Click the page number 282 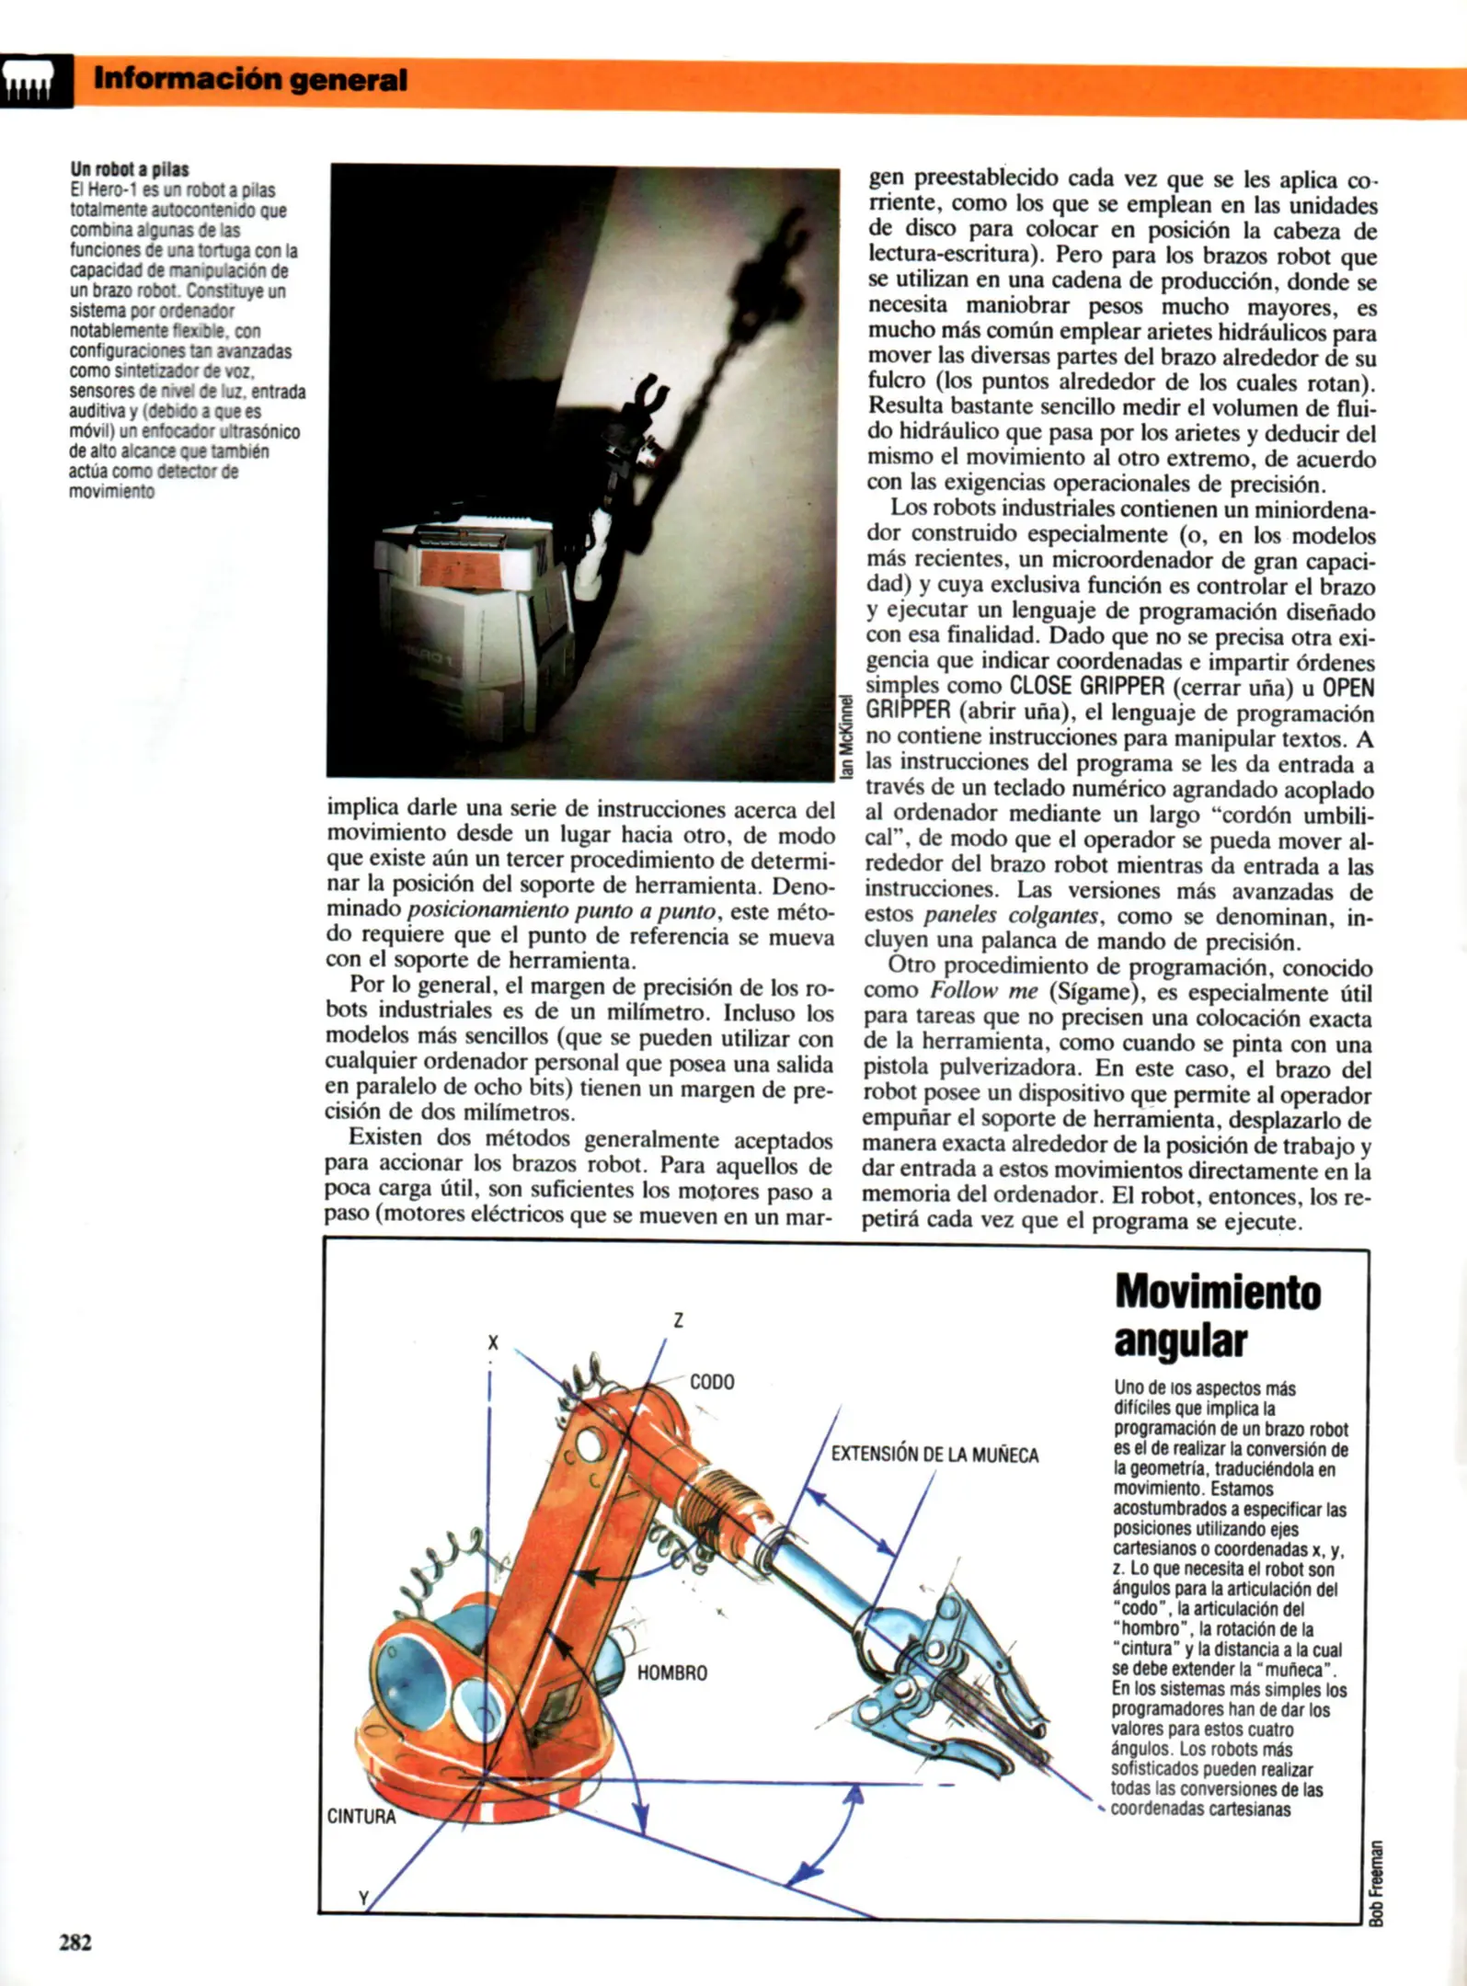tap(75, 1942)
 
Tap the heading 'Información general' tap(250, 80)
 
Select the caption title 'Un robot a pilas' tap(130, 169)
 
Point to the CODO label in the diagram tap(712, 1382)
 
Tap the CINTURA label tap(361, 1816)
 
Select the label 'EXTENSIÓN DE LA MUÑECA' tap(934, 1455)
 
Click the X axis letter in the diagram tap(493, 1342)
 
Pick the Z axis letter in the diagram tap(679, 1320)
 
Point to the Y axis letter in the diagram tap(363, 1897)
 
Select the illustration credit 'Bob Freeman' tap(1375, 1881)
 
